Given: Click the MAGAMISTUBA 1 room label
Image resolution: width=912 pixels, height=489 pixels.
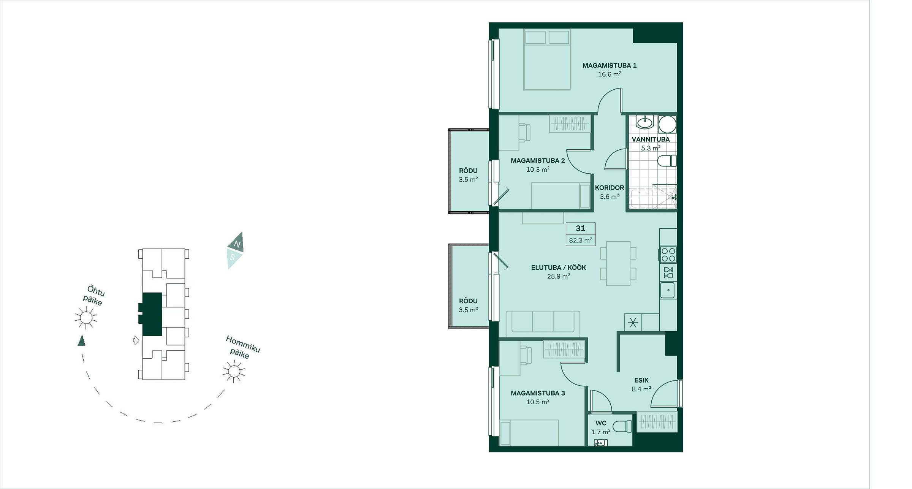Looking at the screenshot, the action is pos(609,65).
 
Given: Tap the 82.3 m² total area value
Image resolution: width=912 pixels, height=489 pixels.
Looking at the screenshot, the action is pos(580,240).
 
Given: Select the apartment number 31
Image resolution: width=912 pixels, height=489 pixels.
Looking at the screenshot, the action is pos(580,228).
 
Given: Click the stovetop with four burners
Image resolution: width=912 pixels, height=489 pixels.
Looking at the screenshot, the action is pos(668,255).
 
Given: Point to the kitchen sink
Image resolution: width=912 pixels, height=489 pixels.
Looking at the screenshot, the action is pos(668,290).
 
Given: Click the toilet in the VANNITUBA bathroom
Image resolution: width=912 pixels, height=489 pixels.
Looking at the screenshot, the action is pos(667,161).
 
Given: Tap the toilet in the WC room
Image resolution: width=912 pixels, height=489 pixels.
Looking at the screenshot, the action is pos(622,426).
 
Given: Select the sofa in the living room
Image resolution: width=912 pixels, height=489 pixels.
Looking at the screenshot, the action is pos(543,323).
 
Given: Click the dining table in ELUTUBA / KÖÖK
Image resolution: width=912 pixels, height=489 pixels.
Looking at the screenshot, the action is pos(618,263).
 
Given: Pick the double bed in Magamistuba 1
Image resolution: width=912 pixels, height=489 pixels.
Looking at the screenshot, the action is pos(547,60).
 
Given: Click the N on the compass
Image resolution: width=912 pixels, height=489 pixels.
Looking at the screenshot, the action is pos(237,244).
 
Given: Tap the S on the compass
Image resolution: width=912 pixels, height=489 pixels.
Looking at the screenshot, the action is pos(232,257).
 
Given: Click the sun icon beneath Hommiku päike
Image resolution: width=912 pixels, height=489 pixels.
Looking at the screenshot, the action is pos(234,371).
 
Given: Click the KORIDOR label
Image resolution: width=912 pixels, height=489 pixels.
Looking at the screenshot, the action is pos(610,188).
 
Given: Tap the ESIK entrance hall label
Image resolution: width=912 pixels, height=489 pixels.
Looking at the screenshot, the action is pos(641,380).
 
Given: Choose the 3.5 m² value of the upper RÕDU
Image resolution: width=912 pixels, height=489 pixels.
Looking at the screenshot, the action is pos(468,179).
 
